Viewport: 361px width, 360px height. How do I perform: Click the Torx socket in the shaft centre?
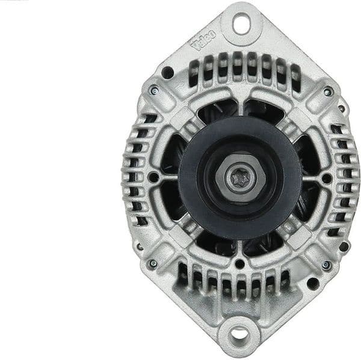click(239, 178)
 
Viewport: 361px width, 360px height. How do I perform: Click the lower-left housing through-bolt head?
click(153, 263)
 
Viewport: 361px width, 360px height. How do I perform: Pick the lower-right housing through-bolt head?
click(327, 264)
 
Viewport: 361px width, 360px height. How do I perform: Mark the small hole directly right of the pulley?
click(326, 178)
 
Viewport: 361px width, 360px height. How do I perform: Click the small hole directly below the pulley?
click(239, 263)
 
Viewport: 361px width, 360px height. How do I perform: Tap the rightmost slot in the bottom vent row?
click(285, 278)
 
